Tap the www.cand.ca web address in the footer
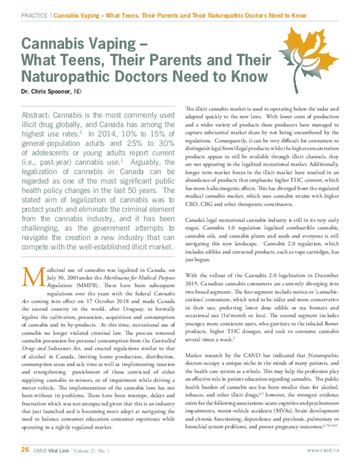pos(323,449)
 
